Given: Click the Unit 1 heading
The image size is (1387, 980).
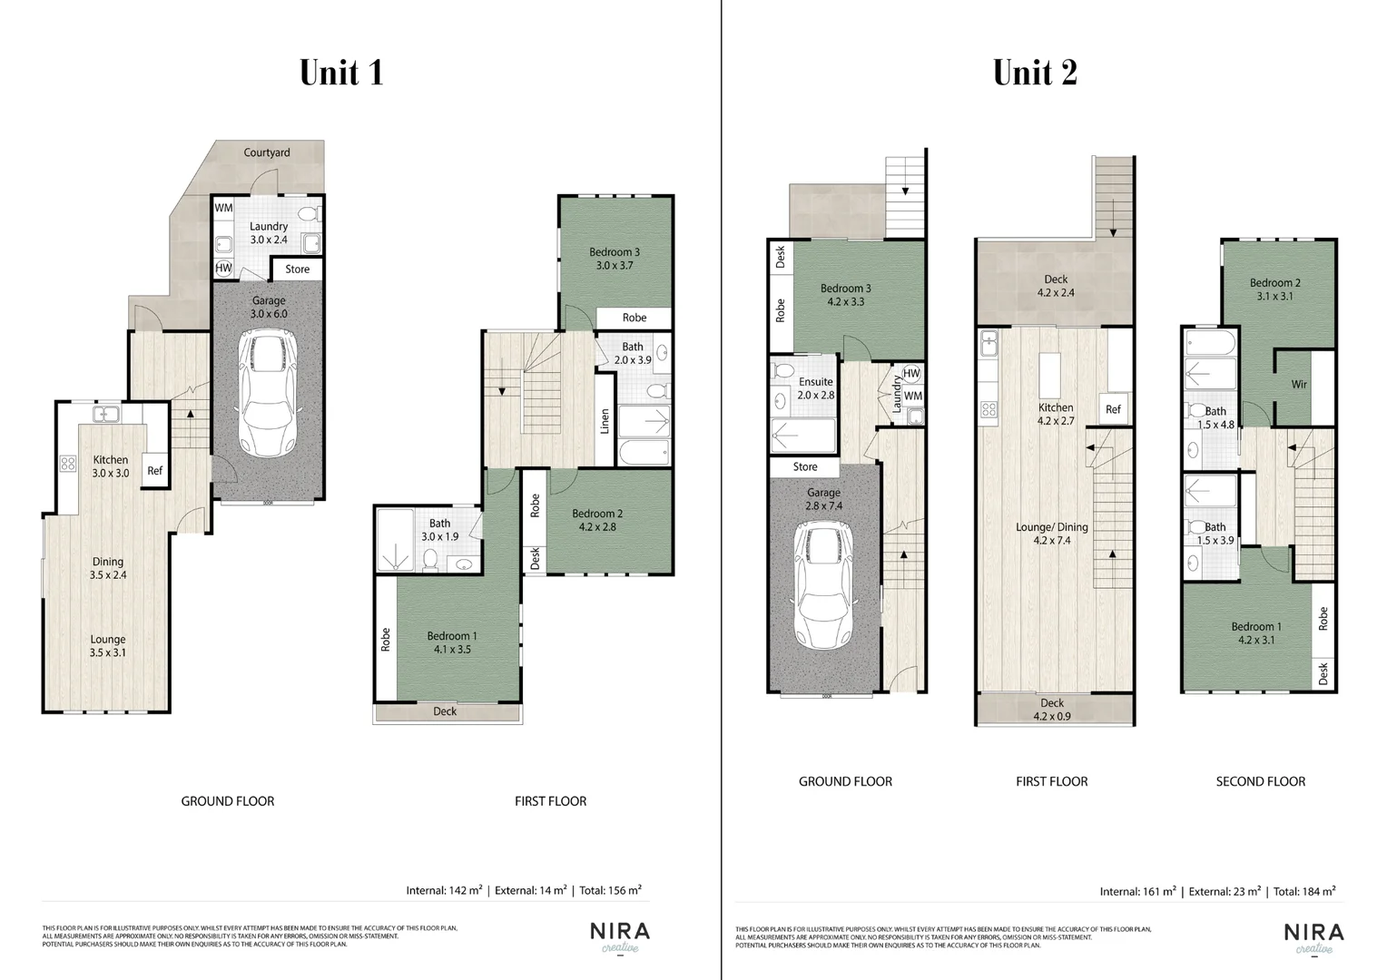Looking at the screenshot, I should pyautogui.click(x=341, y=73).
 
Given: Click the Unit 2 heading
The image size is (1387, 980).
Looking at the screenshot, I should pyautogui.click(x=1034, y=73).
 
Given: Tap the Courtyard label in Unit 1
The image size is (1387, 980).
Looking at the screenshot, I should pyautogui.click(x=267, y=152).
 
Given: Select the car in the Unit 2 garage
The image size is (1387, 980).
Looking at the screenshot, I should pyautogui.click(x=824, y=586).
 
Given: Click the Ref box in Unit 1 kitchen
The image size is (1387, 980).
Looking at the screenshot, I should pyautogui.click(x=155, y=471).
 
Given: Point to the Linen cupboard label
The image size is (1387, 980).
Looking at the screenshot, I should pyautogui.click(x=605, y=422).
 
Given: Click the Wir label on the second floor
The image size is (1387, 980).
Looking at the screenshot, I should pyautogui.click(x=1299, y=385).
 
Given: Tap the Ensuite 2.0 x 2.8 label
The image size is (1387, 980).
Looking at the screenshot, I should pyautogui.click(x=815, y=388).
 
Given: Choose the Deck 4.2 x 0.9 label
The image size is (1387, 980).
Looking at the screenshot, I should pyautogui.click(x=1052, y=710).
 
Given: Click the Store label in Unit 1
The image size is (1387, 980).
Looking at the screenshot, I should pyautogui.click(x=297, y=269).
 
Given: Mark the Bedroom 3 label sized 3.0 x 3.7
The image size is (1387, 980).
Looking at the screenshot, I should pyautogui.click(x=615, y=259).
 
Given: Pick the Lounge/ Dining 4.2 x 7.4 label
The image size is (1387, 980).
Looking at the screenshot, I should pyautogui.click(x=1053, y=534).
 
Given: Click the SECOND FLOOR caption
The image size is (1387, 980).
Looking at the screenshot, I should pyautogui.click(x=1260, y=781).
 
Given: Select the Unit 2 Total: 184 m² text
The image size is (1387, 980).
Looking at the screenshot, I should pyautogui.click(x=1303, y=892).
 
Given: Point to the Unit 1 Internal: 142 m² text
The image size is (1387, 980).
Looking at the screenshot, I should pyautogui.click(x=444, y=890).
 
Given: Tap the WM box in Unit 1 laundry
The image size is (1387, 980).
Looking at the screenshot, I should pyautogui.click(x=223, y=209).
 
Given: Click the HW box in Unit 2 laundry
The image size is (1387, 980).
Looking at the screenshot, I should pyautogui.click(x=911, y=374).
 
